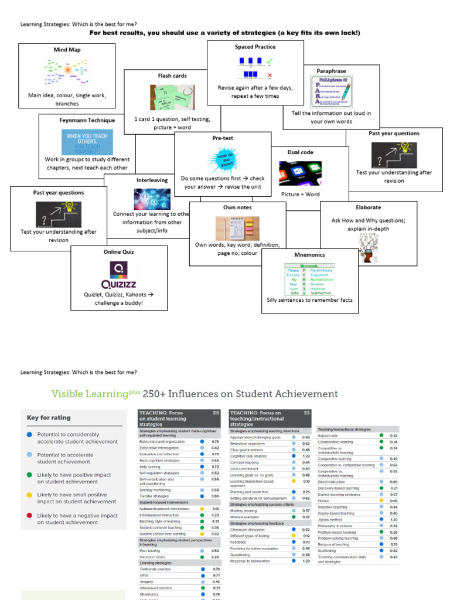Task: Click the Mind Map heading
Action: (x=67, y=50)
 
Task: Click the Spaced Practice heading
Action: (x=255, y=47)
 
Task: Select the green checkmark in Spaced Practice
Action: (x=270, y=60)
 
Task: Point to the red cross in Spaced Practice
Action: (x=270, y=76)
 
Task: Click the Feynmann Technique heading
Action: (x=87, y=120)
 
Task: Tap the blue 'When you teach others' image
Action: (x=87, y=142)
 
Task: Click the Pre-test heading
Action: (x=223, y=138)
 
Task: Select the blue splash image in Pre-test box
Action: (x=223, y=160)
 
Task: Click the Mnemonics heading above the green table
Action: (x=309, y=255)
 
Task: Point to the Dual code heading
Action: (x=300, y=152)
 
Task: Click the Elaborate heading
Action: (x=368, y=207)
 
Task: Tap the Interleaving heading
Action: (x=152, y=180)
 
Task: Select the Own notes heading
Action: (x=237, y=207)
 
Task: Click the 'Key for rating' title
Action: (x=49, y=418)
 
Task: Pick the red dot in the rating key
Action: (x=29, y=516)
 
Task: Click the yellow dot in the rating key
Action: (x=29, y=495)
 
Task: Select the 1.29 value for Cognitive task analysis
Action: (x=306, y=456)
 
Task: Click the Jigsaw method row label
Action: (x=329, y=519)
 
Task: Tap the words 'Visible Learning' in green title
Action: (x=90, y=394)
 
